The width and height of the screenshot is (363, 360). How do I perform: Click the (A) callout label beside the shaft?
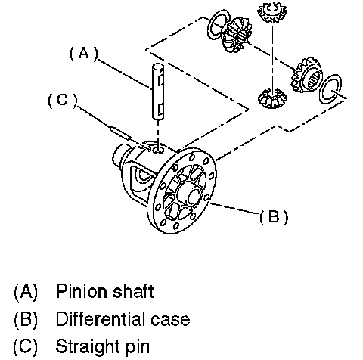click(83, 54)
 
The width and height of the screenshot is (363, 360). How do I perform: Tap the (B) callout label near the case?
click(274, 217)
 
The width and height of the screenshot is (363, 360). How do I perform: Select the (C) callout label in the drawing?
click(62, 101)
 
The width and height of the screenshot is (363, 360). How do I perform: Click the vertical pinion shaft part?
click(158, 91)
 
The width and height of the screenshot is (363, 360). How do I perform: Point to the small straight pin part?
click(120, 132)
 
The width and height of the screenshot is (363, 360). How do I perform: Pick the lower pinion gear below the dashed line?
click(272, 98)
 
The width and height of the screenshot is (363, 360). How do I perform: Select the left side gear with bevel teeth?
click(237, 35)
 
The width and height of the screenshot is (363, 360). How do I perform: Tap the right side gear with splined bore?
click(307, 75)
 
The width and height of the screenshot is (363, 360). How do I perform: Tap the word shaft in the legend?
click(133, 291)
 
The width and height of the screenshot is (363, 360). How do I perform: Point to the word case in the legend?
click(170, 320)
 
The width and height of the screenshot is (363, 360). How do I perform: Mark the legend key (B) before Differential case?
click(26, 319)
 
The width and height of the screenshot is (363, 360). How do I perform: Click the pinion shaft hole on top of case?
click(158, 151)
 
